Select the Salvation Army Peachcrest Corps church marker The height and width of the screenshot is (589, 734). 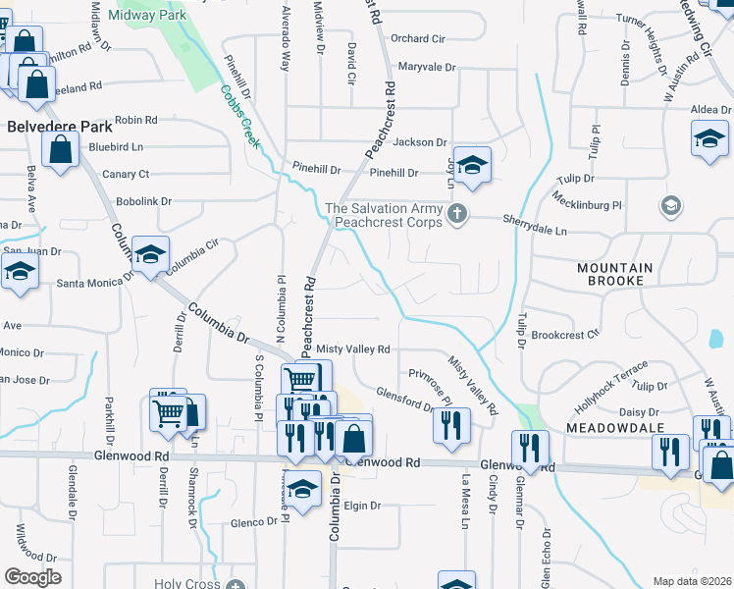coord(456,214)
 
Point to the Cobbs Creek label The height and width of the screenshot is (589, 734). coord(238,116)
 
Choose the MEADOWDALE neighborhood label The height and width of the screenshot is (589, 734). coord(614,428)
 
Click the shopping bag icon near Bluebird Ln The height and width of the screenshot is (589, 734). coord(61,151)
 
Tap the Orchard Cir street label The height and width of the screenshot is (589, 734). coord(417,39)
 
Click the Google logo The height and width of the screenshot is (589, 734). coord(32,577)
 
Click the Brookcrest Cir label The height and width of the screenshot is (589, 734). coord(565,335)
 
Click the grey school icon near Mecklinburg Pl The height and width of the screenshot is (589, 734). coord(671,206)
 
